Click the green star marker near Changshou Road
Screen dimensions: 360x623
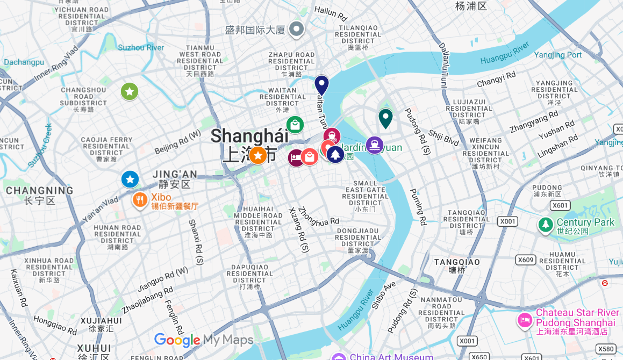[130, 91]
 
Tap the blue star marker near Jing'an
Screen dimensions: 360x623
[130, 179]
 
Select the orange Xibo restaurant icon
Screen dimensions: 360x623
[140, 200]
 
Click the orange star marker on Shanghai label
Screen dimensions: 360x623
[258, 155]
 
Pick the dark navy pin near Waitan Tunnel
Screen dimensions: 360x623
[321, 85]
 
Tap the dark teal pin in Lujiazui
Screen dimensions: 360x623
[385, 118]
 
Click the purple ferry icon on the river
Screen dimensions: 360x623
[374, 145]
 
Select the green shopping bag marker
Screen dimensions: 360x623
[295, 125]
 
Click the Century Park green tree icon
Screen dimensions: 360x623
[546, 225]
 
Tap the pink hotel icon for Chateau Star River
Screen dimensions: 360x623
[525, 321]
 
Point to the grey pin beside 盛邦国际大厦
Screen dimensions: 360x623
[296, 29]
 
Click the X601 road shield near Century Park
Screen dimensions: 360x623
[560, 205]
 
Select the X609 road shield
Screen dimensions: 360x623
[525, 260]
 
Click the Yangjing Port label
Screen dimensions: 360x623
[558, 55]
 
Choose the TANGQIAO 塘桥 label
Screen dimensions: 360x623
[457, 265]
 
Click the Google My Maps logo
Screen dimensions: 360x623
[203, 340]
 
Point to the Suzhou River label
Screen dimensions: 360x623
[141, 47]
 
